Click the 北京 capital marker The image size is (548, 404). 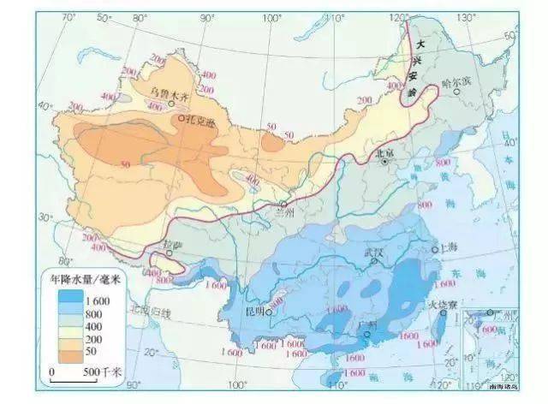(386, 161)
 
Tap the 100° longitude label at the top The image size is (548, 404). (272, 18)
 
